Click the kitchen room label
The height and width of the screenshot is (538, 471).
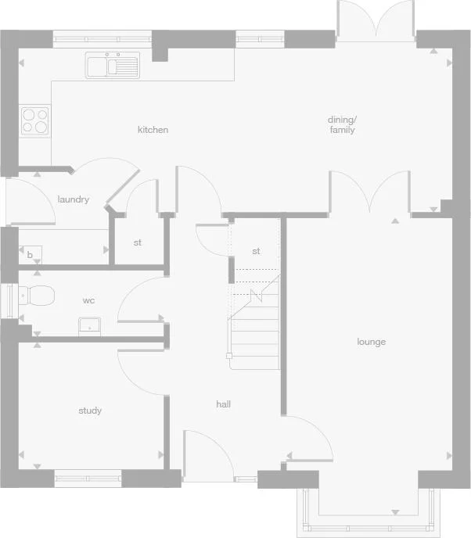pyautogui.click(x=153, y=130)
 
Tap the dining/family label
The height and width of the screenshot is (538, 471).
pyautogui.click(x=342, y=125)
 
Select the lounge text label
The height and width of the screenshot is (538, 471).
pyautogui.click(x=372, y=342)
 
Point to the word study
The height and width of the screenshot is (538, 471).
pyautogui.click(x=90, y=411)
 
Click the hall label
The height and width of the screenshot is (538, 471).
pyautogui.click(x=224, y=404)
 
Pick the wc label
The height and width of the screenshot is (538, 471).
pyautogui.click(x=88, y=299)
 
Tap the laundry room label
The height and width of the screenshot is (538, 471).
pyautogui.click(x=74, y=199)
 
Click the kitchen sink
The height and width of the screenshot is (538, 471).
pyautogui.click(x=113, y=66)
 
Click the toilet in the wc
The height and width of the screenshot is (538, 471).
pyautogui.click(x=38, y=296)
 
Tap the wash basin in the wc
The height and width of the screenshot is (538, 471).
pyautogui.click(x=89, y=325)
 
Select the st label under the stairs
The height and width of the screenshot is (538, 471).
pyautogui.click(x=256, y=251)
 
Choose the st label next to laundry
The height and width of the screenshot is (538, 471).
pyautogui.click(x=137, y=242)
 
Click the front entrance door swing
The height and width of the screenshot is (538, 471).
pyautogui.click(x=206, y=454)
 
